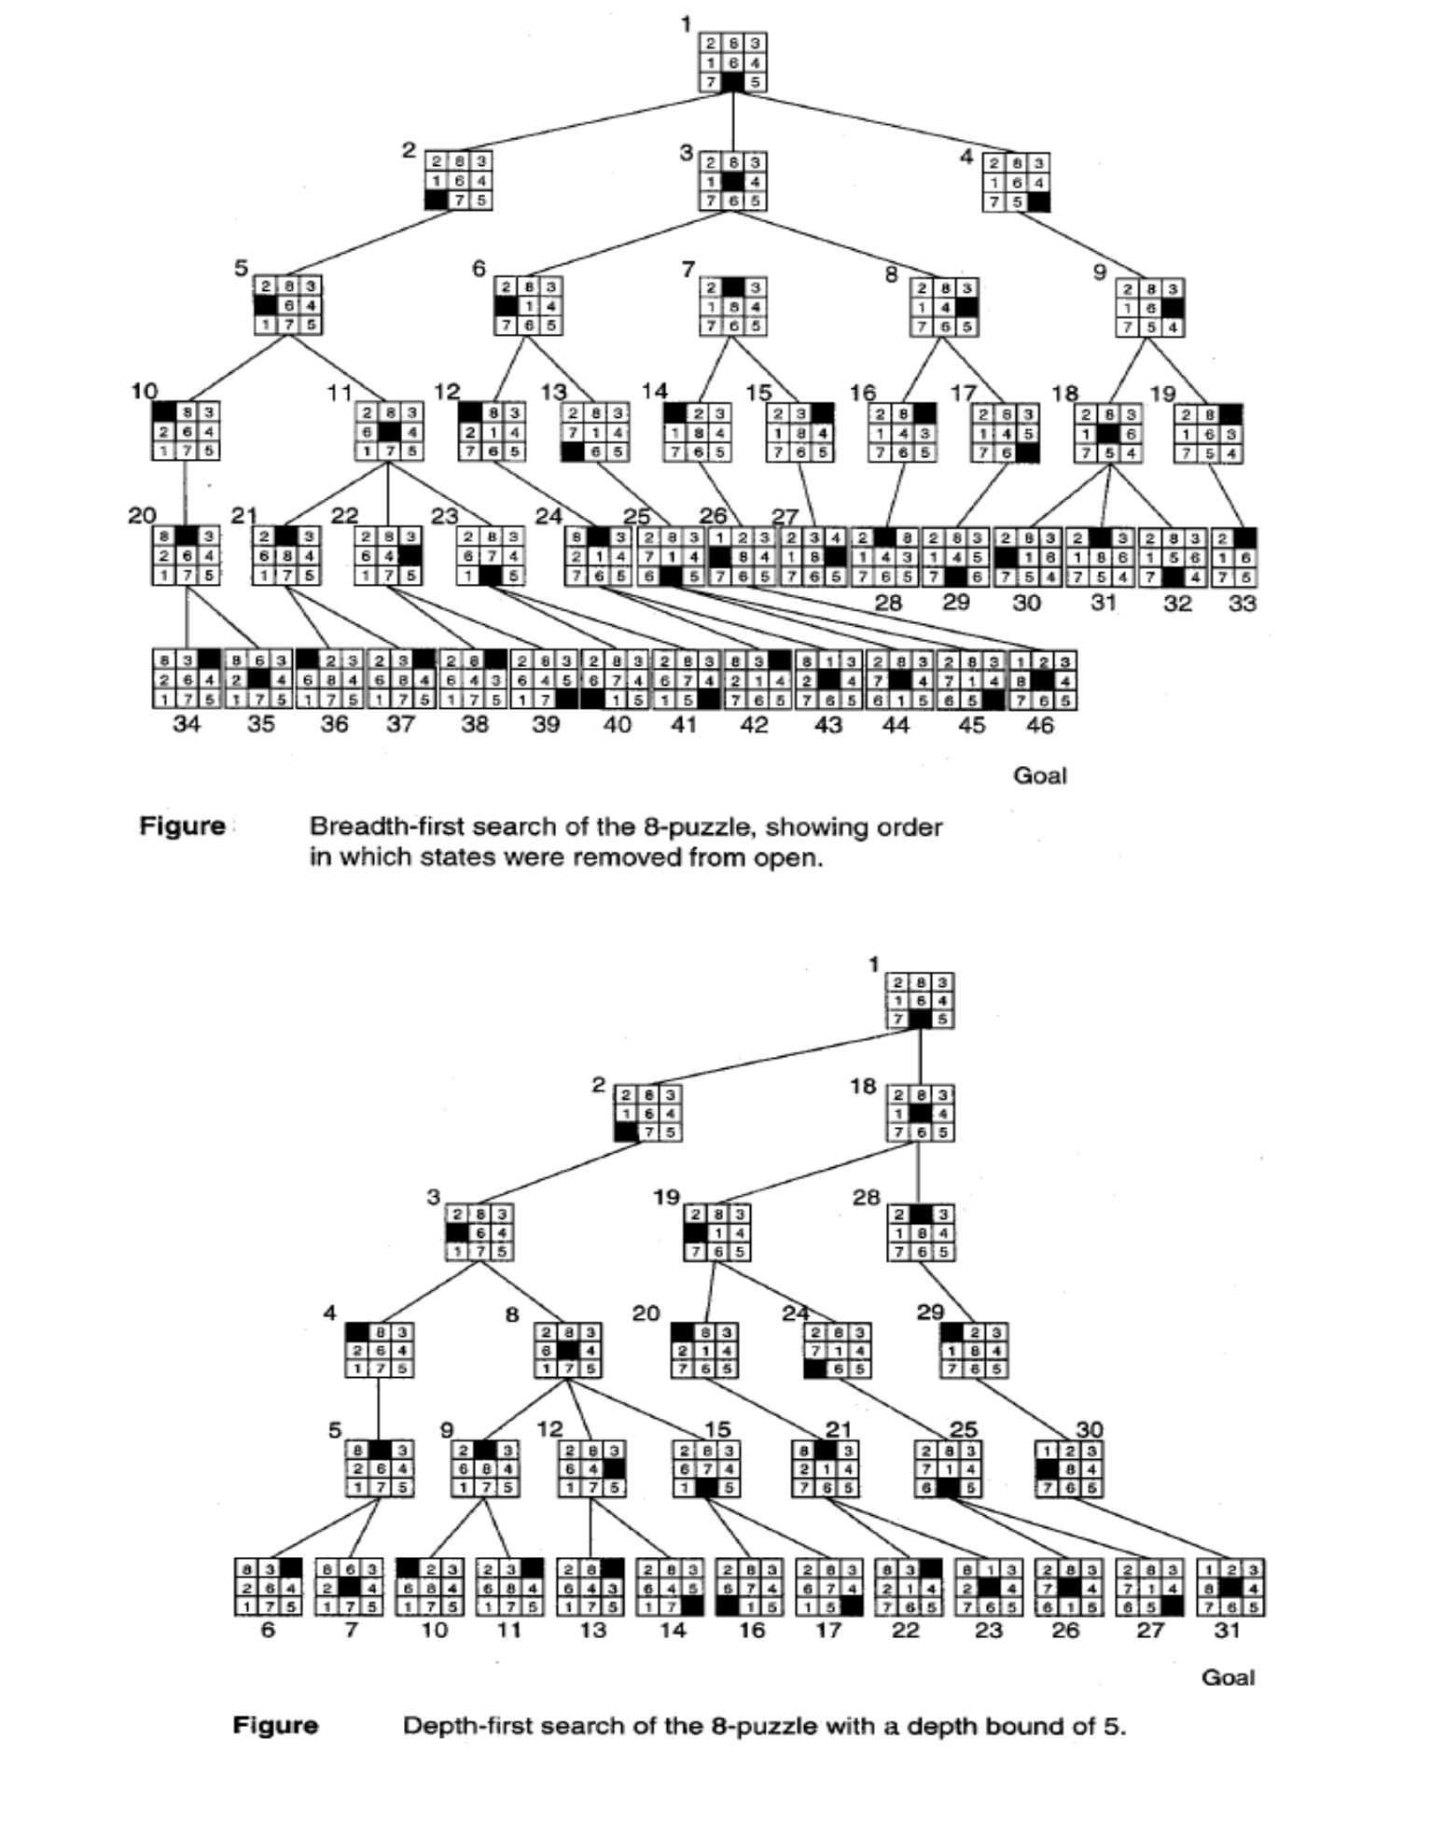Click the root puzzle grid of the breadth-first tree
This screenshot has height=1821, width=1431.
[733, 63]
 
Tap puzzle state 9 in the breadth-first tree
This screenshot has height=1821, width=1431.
[1151, 308]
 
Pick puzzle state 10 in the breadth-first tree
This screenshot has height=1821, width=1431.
[187, 431]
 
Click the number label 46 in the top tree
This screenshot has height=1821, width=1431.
[1039, 725]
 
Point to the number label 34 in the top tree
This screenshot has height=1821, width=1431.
[187, 725]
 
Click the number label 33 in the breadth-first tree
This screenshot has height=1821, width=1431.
[1242, 604]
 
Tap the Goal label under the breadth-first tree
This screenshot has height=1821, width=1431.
[1039, 776]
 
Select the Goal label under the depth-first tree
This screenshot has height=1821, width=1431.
[1228, 1677]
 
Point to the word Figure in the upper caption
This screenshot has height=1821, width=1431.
[183, 827]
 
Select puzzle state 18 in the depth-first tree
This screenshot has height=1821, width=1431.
[920, 1113]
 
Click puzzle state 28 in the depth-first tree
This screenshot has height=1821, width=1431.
[920, 1233]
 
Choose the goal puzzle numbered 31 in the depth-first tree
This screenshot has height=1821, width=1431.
[1230, 1587]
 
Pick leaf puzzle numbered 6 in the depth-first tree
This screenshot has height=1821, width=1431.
[268, 1587]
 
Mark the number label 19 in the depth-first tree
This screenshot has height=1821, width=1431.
[666, 1198]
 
